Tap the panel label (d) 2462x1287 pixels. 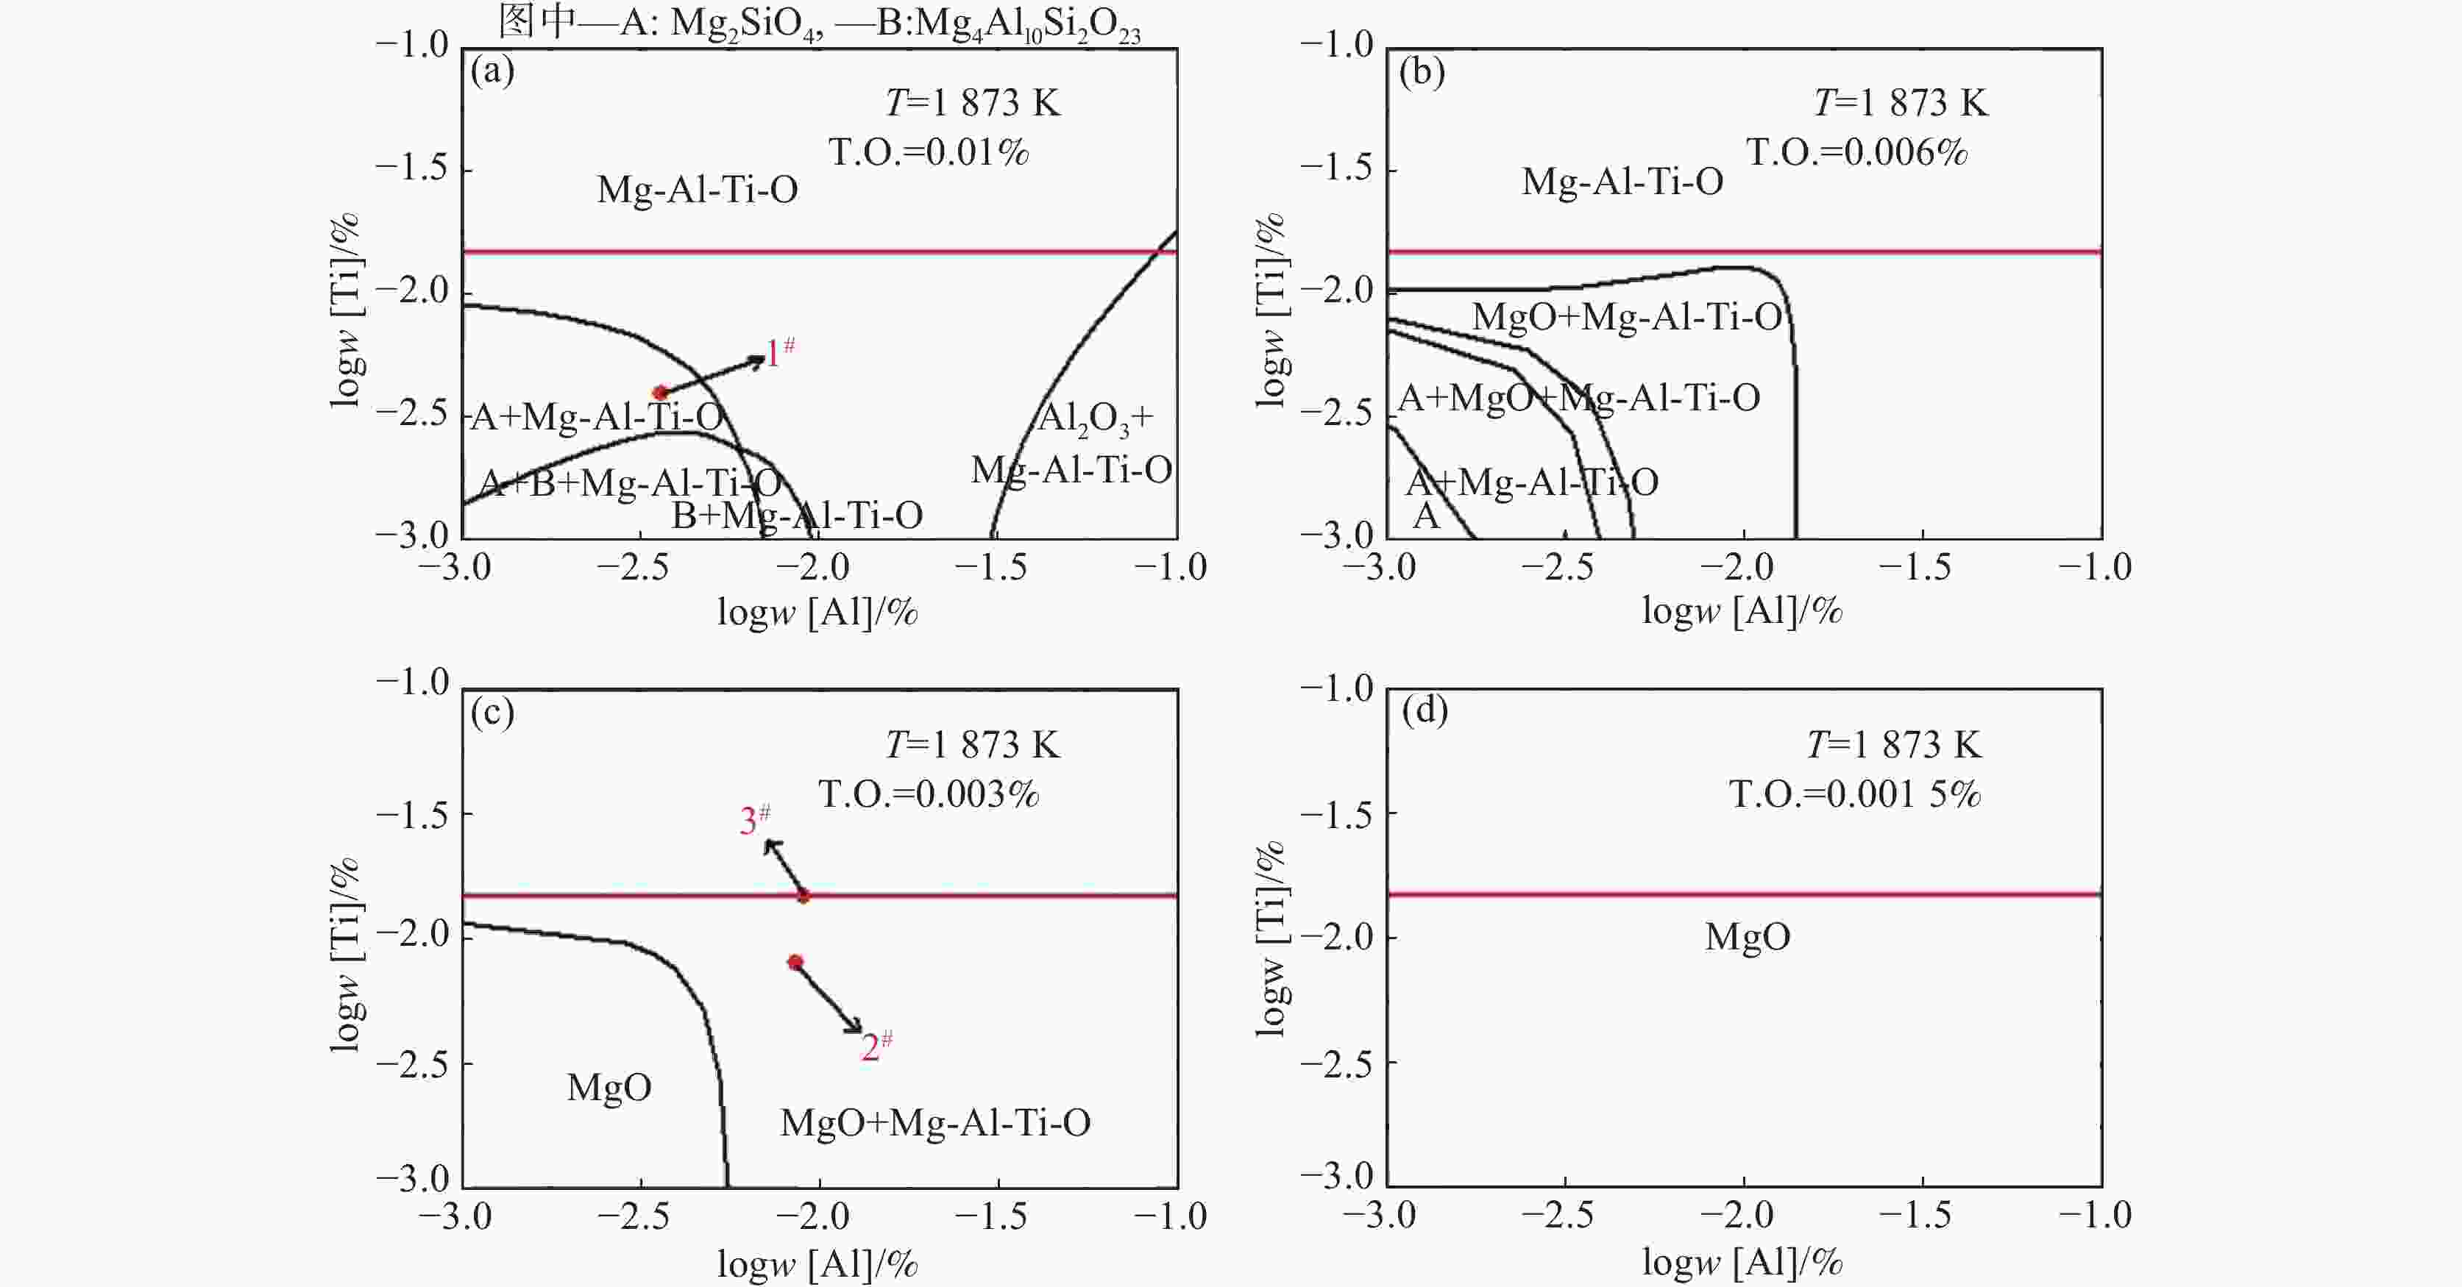pos(1424,712)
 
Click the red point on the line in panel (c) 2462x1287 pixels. pos(803,896)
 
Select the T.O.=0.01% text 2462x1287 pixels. pos(928,153)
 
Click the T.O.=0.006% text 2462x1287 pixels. pos(1857,153)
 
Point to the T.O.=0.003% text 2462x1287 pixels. pos(928,795)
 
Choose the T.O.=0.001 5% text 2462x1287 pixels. pos(1855,795)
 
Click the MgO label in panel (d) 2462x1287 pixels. pos(1747,937)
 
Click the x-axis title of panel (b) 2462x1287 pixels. pos(1742,610)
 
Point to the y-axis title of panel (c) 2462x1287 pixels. pos(345,955)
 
